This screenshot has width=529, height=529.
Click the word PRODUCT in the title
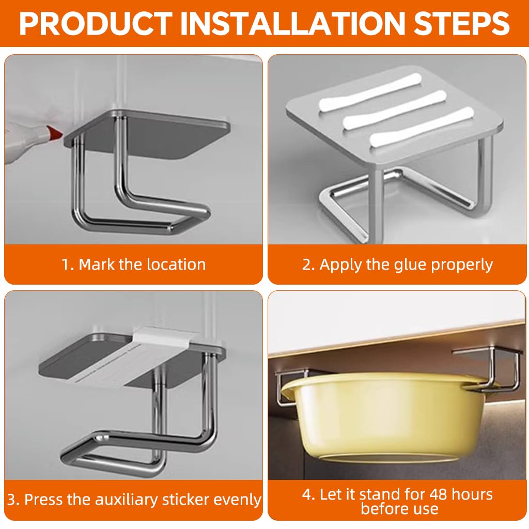pos(96,23)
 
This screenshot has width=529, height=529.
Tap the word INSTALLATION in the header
pos(292,23)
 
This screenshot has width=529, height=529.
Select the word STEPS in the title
pos(461,23)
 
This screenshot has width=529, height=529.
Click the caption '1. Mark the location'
pos(134,264)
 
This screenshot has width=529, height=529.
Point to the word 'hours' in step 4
pos(472,494)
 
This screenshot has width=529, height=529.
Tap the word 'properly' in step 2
pos(462,265)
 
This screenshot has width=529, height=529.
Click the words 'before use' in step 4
pos(399,509)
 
